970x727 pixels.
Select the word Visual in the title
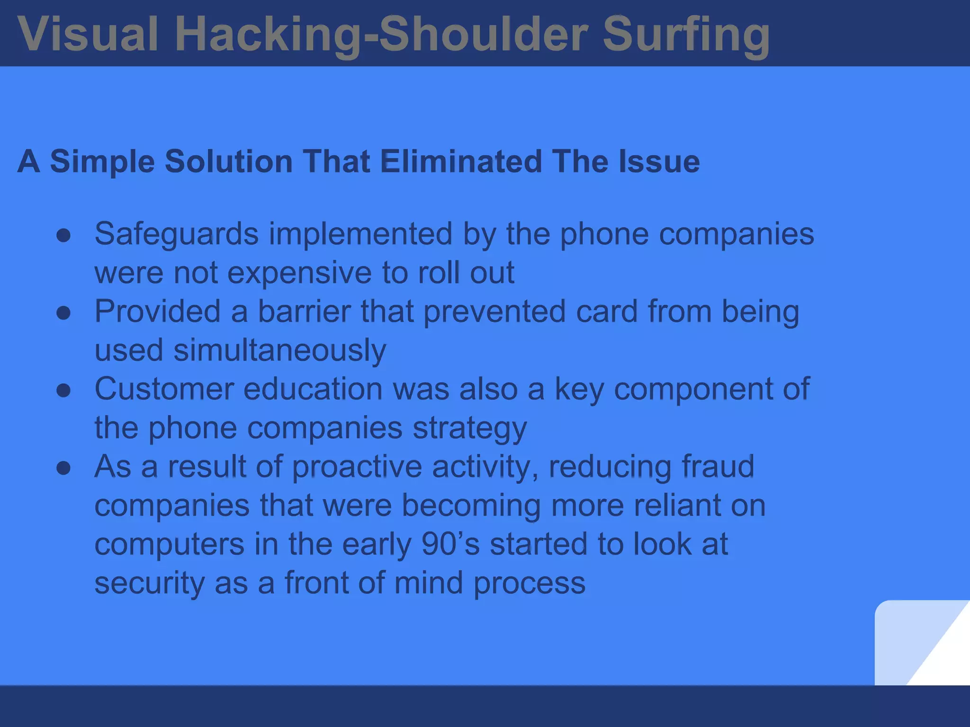[x=88, y=35]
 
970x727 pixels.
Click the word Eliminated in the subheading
[x=460, y=161]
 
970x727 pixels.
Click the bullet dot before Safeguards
[x=63, y=236]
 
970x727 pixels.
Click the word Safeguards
[x=177, y=234]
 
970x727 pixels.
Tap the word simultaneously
[x=280, y=351]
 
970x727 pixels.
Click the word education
[x=313, y=389]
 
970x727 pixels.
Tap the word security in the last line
[x=149, y=583]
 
